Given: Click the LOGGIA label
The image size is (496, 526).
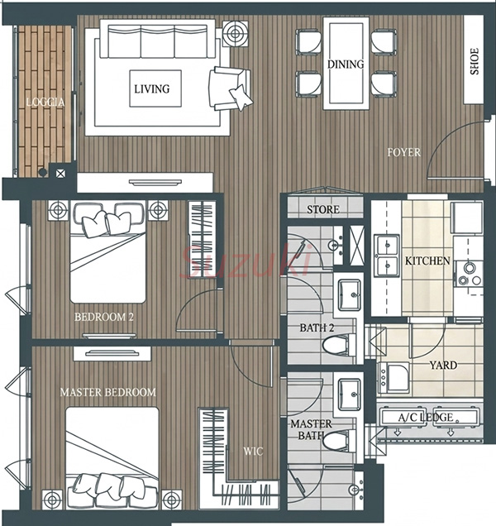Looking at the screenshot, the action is (x=45, y=102).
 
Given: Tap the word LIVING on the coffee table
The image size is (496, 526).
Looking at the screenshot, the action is (x=152, y=88).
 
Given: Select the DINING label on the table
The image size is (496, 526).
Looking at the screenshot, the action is (x=346, y=64).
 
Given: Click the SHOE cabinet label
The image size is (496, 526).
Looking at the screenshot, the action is (x=475, y=61).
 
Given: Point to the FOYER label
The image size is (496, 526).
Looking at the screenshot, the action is (x=403, y=152).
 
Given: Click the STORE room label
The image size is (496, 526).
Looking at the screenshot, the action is (x=323, y=210).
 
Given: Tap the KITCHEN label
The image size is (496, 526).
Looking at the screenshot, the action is (x=427, y=261).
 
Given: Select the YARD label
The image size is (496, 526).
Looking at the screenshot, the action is (x=443, y=365).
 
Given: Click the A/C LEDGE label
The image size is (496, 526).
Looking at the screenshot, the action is (x=426, y=418).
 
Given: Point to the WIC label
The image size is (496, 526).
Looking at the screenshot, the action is (x=253, y=452).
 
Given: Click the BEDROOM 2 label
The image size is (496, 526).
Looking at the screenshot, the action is (x=104, y=317).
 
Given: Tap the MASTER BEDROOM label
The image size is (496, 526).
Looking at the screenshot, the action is (x=108, y=392).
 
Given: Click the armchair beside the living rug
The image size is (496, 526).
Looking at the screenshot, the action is (x=231, y=88).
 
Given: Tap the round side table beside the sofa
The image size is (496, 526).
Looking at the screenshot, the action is (x=236, y=33).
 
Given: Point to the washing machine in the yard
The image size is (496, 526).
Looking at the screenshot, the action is (x=393, y=378).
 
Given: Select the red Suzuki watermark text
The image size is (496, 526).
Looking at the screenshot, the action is (x=247, y=261).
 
